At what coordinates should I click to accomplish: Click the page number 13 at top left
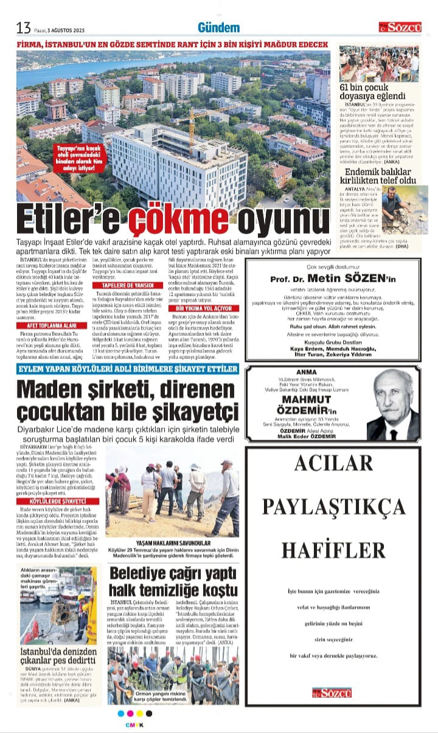[23, 27]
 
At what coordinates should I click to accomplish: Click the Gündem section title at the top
[218, 27]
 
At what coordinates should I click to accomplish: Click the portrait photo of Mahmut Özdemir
[392, 405]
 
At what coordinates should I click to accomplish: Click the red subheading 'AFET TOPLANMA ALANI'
[47, 325]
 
